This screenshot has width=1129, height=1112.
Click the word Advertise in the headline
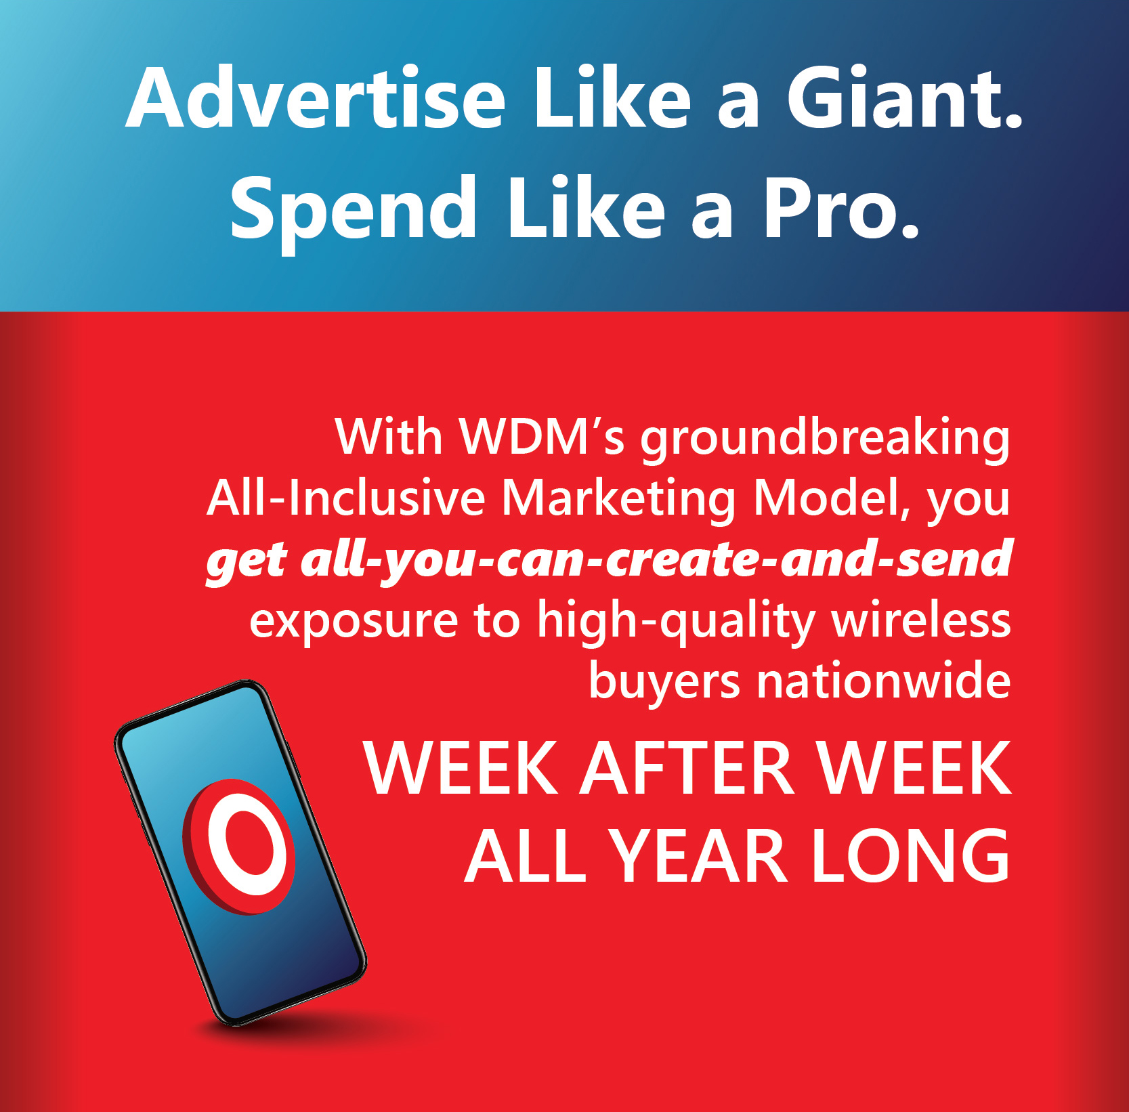click(316, 98)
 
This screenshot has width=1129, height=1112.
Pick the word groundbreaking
click(826, 440)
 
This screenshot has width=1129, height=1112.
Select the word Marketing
click(618, 500)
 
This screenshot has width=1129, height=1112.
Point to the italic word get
click(247, 563)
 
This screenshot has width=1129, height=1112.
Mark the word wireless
click(921, 619)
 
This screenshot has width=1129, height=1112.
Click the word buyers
click(664, 683)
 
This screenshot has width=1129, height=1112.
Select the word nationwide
click(884, 680)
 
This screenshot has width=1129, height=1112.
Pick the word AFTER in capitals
click(687, 768)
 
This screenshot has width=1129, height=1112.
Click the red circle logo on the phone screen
click(238, 847)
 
